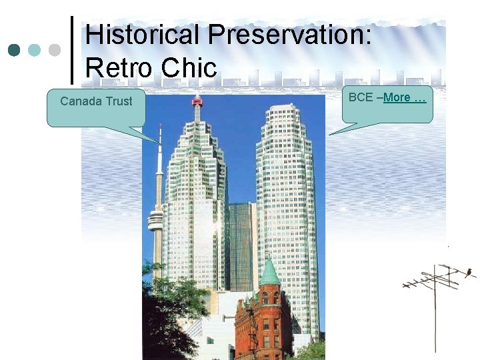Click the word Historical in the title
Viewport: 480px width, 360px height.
(x=143, y=35)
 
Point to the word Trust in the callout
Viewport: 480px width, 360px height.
(x=118, y=101)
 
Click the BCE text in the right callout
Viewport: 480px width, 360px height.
(x=360, y=97)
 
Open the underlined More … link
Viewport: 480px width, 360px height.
(x=404, y=97)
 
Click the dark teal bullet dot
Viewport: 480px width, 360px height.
(x=15, y=50)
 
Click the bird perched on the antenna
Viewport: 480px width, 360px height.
(x=469, y=271)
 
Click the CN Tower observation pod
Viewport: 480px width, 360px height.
(x=155, y=219)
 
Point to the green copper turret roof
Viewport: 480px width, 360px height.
(x=269, y=273)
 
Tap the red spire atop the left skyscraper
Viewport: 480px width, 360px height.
(x=197, y=102)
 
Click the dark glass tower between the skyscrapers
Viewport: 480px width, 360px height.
(x=241, y=247)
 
